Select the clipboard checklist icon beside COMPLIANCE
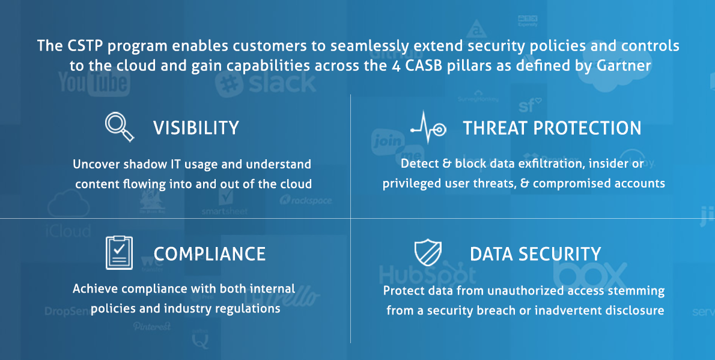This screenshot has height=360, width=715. coord(119,252)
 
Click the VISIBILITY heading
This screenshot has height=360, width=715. coord(196,128)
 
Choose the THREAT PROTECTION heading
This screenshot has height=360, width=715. coord(552,128)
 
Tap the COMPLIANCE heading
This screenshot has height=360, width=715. coord(210,254)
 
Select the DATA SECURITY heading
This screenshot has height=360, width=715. coord(535,254)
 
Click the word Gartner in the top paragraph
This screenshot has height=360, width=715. coord(622,66)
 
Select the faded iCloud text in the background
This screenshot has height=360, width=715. coord(67,230)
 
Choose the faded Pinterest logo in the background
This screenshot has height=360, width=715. coord(152,326)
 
